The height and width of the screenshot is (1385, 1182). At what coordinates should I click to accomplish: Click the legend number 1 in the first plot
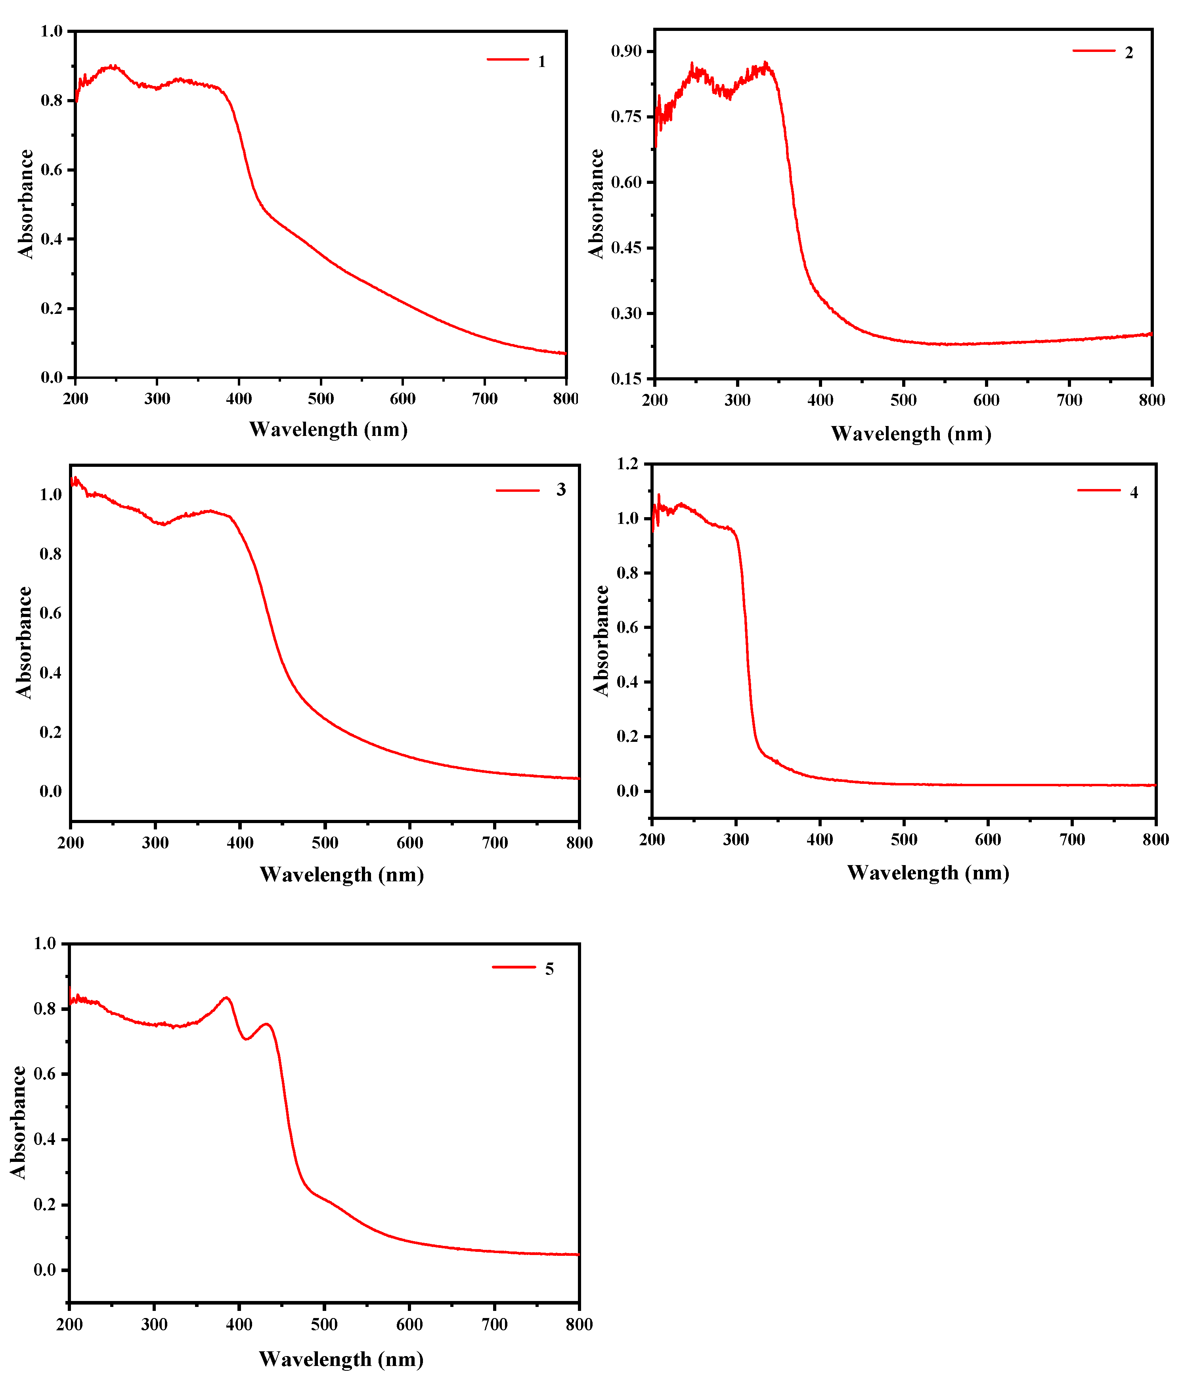541,61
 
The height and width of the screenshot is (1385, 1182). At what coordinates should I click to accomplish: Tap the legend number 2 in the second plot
1128,53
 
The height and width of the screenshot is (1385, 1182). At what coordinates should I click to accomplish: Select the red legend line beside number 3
517,491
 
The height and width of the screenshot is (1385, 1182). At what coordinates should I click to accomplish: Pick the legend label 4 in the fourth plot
1134,493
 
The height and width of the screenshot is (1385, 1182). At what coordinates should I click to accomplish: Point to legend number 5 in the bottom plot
549,969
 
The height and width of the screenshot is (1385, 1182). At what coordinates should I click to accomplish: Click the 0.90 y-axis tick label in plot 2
626,52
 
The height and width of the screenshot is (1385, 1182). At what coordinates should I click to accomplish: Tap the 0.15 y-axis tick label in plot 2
626,379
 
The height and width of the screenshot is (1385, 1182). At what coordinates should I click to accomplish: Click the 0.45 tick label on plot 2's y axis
626,248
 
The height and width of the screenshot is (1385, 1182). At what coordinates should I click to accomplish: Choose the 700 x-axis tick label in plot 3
495,843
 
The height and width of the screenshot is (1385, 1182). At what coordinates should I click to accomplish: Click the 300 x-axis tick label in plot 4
736,840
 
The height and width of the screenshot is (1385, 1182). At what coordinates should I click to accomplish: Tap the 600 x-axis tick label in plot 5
409,1325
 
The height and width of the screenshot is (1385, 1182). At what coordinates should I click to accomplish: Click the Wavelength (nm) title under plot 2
910,434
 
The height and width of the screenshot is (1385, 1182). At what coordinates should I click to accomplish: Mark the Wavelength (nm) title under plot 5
341,1359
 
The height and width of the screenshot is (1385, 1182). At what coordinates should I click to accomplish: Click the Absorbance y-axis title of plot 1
25,204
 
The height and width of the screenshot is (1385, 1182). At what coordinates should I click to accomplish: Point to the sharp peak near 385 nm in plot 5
227,998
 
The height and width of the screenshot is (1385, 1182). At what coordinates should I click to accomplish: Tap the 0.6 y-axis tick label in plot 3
50,613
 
